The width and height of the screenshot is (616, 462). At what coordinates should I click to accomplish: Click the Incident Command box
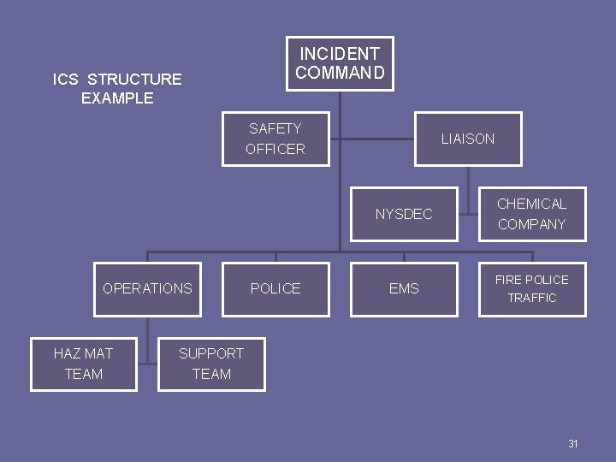[340, 63]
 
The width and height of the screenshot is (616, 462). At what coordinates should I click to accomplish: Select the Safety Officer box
[275, 139]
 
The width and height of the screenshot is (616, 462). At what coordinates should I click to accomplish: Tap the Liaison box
[468, 139]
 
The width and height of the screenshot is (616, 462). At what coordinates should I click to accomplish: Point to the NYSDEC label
[404, 214]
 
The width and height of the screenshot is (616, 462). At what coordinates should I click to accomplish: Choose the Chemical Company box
[532, 214]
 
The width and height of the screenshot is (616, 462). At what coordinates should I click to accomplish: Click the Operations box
[147, 289]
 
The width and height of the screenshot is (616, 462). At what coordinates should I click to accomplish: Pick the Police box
[275, 289]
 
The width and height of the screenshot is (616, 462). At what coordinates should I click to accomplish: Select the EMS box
[404, 289]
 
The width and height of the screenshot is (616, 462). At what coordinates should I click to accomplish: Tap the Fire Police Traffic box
[532, 289]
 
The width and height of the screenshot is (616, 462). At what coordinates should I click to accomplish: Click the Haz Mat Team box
[84, 364]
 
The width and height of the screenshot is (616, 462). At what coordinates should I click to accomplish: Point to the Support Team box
[211, 364]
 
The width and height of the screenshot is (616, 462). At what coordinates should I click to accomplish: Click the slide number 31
[573, 444]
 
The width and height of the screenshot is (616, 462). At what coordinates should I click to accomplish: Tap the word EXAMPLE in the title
[117, 98]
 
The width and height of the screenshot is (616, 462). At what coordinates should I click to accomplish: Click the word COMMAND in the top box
[340, 73]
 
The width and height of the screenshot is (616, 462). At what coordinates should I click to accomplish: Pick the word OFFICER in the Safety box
[275, 149]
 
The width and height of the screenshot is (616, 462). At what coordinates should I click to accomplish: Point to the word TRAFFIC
[532, 299]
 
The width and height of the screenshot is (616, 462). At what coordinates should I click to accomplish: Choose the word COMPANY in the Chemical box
[532, 224]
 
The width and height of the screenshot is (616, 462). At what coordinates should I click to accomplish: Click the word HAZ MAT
[84, 353]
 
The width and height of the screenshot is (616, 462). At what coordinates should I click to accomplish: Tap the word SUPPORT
[211, 353]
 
